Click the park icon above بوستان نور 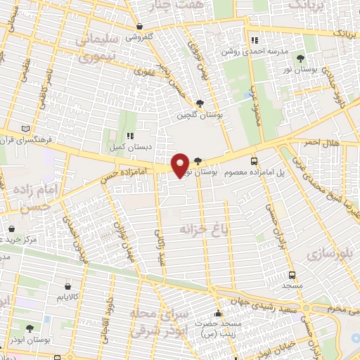(x=301, y=58)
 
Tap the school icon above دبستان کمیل (x=129, y=136)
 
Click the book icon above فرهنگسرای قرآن (x=26, y=129)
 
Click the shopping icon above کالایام (x=67, y=286)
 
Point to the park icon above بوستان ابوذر (x=29, y=328)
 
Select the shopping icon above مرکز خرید (x=12, y=229)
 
